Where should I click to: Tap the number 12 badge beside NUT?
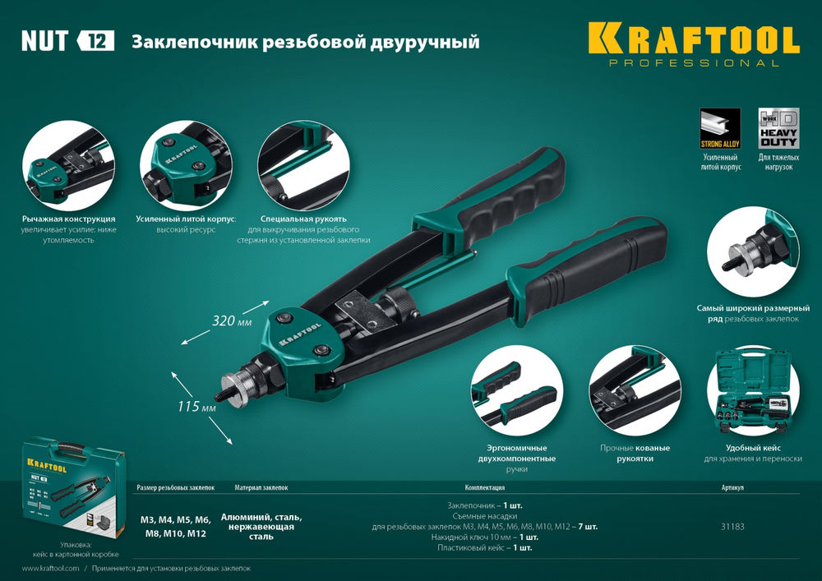(x=96, y=41)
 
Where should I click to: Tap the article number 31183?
(x=732, y=527)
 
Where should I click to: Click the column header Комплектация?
(x=485, y=487)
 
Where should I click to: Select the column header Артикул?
(x=732, y=487)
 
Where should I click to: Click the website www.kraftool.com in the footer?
(x=50, y=569)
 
